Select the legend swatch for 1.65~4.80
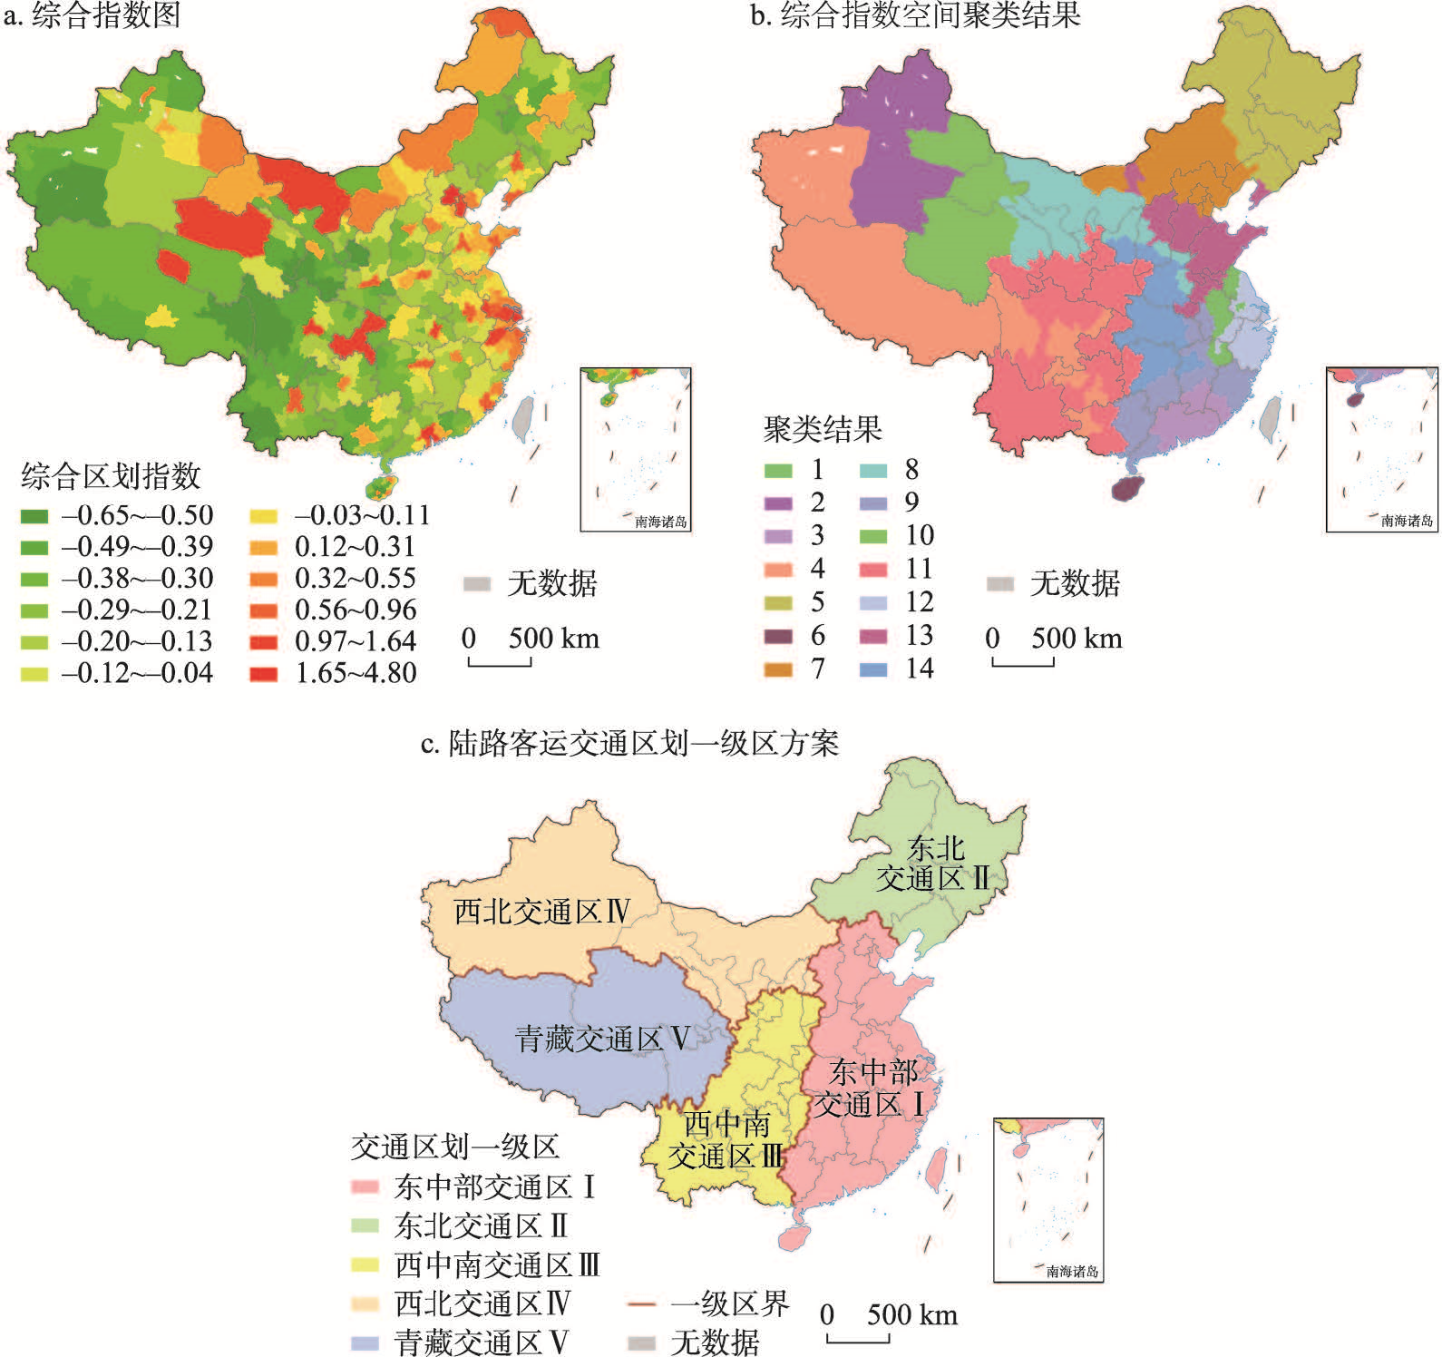(x=264, y=674)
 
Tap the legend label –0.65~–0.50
(x=137, y=516)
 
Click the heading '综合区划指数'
(x=110, y=476)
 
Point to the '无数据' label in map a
(x=551, y=583)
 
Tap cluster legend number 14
(x=919, y=669)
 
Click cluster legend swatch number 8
(x=872, y=471)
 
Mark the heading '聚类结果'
(x=822, y=429)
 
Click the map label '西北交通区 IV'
(x=541, y=911)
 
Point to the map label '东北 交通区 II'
(x=933, y=864)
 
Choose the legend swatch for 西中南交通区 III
(x=365, y=1264)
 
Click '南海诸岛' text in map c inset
(x=1072, y=1272)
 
